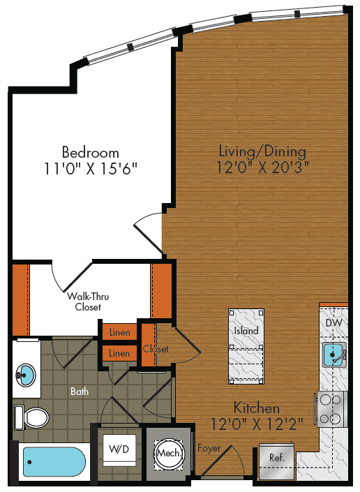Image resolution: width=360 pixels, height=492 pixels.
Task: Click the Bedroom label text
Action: pos(90,152)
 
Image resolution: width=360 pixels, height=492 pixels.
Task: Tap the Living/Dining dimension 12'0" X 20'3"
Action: pos(262,167)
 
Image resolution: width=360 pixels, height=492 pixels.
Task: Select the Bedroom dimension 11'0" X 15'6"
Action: pos(90,168)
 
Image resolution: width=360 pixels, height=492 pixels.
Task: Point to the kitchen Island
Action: pos(246,331)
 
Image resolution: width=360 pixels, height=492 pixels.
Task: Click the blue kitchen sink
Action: pos(333,355)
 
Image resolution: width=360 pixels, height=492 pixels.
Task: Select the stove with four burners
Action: pos(331,408)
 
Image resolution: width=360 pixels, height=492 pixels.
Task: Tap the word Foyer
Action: pos(209,447)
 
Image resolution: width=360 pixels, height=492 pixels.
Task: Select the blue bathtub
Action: pos(54,462)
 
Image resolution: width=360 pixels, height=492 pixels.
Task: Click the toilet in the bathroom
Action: pos(31,418)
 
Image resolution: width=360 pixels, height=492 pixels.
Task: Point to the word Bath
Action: pos(80,392)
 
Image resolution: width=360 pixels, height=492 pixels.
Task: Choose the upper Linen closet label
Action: pos(119,333)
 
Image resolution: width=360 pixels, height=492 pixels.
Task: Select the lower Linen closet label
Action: pos(119,354)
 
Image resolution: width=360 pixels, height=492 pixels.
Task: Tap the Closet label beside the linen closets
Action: pos(156,349)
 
